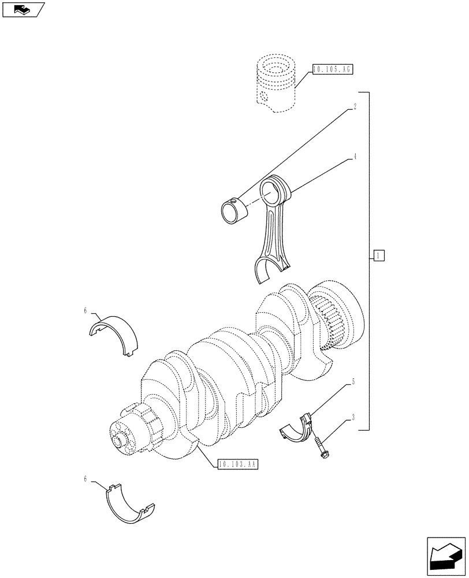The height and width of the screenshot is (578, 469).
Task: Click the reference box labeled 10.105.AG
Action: click(332, 69)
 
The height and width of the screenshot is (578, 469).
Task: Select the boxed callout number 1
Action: click(378, 255)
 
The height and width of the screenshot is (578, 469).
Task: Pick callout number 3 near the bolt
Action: click(352, 417)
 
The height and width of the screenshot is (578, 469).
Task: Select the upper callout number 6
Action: click(85, 311)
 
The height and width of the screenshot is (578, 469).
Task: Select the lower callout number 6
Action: click(85, 479)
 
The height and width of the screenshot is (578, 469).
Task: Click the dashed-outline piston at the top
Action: click(276, 84)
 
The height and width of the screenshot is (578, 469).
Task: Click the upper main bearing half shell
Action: click(115, 335)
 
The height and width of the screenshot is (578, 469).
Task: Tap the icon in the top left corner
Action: click(23, 9)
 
